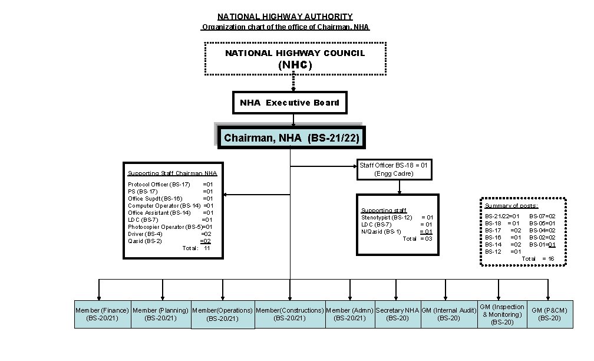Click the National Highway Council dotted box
[295, 59]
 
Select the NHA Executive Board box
[289, 103]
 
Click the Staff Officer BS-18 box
[394, 170]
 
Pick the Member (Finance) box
[103, 314]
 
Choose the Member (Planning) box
[161, 314]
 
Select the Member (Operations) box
[222, 314]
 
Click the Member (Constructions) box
[289, 314]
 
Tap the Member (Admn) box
[350, 314]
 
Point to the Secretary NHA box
[397, 314]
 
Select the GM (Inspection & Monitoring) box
[501, 314]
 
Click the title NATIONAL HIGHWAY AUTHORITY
[285, 17]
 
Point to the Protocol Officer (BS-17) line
[159, 185]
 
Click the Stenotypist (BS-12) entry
[387, 218]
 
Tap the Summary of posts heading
[511, 206]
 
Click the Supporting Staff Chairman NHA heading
[173, 173]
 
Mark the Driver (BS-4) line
[146, 234]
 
